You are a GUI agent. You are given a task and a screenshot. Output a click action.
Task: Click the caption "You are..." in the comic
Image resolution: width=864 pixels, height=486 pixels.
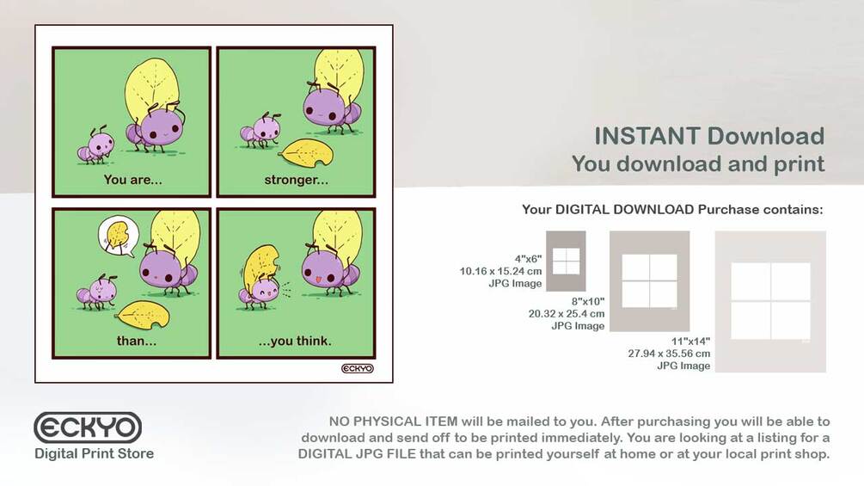[132, 180]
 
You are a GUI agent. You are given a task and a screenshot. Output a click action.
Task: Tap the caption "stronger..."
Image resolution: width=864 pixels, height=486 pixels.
[297, 180]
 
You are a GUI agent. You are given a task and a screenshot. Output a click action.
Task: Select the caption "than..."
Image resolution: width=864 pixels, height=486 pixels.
[137, 341]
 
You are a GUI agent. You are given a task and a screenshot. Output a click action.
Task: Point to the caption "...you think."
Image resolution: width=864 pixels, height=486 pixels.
[296, 341]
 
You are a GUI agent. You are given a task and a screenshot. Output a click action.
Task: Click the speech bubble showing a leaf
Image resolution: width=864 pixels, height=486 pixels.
[118, 236]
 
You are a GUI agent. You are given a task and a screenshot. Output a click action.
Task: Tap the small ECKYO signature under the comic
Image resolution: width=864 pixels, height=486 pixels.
[358, 368]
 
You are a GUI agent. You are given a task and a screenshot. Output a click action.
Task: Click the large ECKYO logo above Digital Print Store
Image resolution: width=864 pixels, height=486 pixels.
[88, 428]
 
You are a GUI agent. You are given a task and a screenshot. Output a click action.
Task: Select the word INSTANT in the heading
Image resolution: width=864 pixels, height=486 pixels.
[646, 136]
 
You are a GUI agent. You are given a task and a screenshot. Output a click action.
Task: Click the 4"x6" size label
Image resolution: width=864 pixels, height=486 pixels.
[528, 258]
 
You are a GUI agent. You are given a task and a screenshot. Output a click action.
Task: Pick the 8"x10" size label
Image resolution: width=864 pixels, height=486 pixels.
[587, 301]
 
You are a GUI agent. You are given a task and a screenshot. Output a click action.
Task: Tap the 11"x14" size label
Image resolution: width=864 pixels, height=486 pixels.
[690, 341]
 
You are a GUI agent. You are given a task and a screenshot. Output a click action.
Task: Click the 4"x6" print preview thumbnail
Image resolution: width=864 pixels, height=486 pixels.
[566, 261]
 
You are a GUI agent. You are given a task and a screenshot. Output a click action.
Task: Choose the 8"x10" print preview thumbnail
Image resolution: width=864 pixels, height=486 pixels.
[650, 281]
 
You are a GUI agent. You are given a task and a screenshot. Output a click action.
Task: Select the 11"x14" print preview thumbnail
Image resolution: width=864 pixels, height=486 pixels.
[770, 301]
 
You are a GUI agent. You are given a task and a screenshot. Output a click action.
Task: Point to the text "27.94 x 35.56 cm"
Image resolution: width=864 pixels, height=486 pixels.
[669, 354]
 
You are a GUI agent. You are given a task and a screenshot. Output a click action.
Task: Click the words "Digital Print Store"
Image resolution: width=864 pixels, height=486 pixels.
[95, 453]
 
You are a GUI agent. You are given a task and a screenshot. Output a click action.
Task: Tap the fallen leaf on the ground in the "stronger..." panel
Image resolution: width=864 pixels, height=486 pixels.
[306, 152]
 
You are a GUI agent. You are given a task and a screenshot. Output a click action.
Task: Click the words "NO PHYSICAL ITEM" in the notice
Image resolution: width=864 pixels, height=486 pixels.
[393, 421]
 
